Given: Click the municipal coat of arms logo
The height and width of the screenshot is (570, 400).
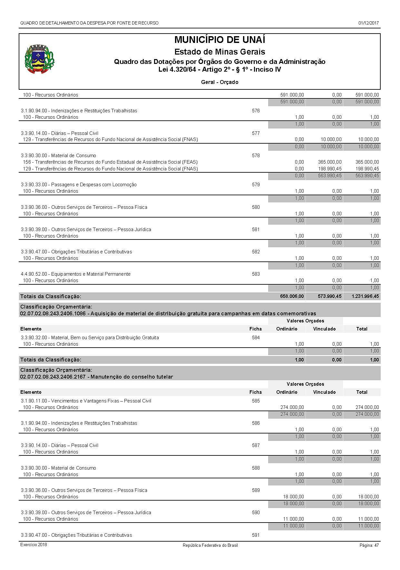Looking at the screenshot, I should [x=39, y=59].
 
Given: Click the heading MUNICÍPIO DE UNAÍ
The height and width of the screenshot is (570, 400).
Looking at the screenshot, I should [x=220, y=40].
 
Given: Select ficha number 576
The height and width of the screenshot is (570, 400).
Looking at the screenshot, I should [x=256, y=111].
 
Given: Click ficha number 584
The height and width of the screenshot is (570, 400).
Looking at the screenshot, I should [x=256, y=338].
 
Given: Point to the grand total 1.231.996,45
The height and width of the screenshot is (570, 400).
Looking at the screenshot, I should [x=366, y=296].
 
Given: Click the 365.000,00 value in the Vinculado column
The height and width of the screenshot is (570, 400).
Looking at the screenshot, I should [x=330, y=162].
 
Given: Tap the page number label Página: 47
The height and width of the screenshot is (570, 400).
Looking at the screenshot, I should [x=369, y=545].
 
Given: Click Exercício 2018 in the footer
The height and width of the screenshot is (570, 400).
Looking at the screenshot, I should [x=34, y=545].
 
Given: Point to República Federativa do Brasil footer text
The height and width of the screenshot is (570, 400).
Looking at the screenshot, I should [x=210, y=545].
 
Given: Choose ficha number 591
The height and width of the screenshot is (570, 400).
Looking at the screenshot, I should [x=256, y=535].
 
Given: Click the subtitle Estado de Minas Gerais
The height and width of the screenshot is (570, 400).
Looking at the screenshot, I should [x=220, y=52].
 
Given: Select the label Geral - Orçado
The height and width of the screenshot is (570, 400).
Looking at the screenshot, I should [x=220, y=82].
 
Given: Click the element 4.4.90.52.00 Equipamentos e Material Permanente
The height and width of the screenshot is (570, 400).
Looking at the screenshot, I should [x=76, y=274].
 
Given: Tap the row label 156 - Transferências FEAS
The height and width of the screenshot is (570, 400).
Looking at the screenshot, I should [x=110, y=162].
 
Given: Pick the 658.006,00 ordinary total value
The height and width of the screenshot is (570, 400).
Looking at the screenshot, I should [x=292, y=296].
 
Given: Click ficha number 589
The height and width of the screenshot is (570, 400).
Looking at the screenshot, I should [x=256, y=490].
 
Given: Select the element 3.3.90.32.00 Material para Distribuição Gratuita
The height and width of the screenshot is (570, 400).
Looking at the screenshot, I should [x=90, y=338].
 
